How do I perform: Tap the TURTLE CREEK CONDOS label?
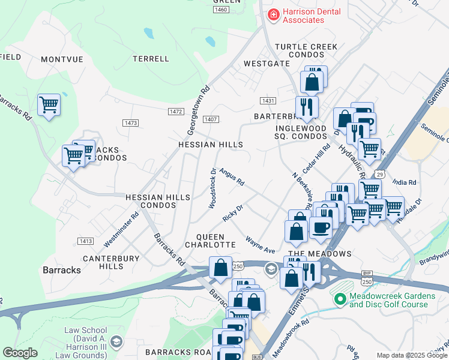point(306,51)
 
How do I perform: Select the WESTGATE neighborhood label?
point(263,64)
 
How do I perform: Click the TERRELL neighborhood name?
point(151,59)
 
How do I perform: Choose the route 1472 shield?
point(175,112)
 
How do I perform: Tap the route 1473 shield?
point(130,122)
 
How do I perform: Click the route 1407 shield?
point(210,119)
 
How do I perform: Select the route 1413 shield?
point(85,241)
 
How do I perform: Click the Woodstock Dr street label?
point(212,188)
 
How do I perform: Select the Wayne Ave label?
point(260,244)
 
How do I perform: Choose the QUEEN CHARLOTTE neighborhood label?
point(209,241)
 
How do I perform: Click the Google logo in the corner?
point(20,353)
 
